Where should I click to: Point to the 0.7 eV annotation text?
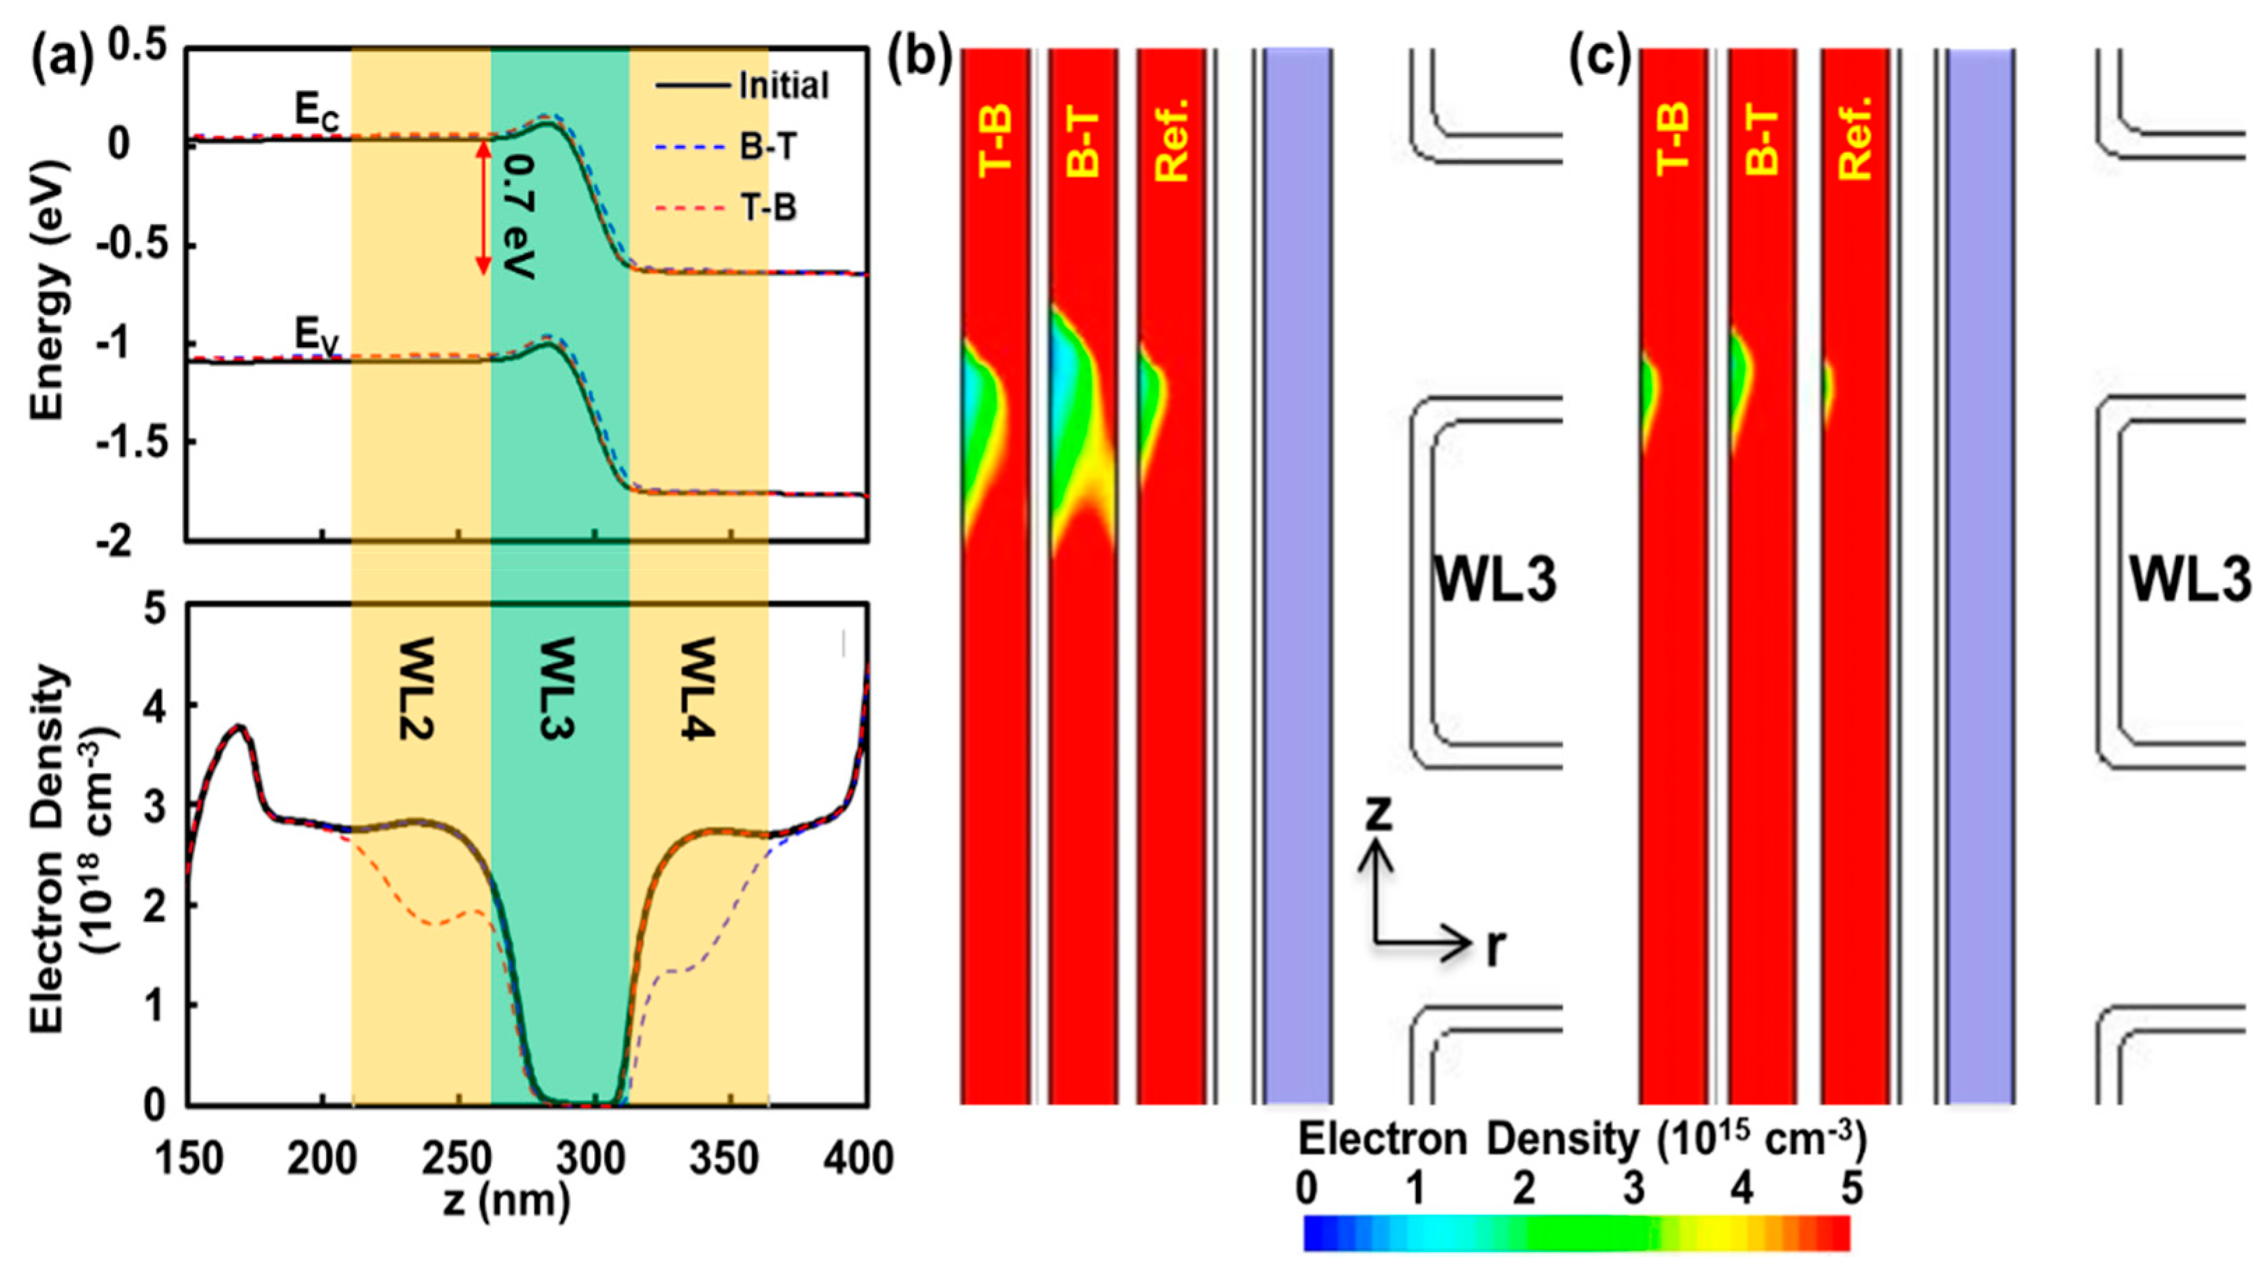tap(522, 216)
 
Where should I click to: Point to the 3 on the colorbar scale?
tap(1633, 1189)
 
